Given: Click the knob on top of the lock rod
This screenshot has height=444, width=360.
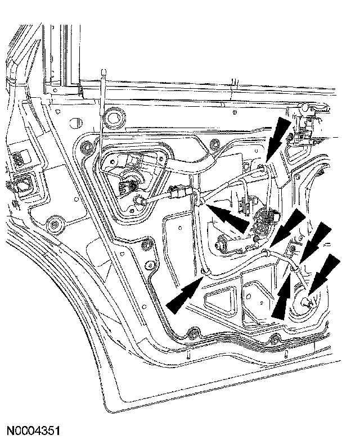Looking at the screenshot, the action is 102,70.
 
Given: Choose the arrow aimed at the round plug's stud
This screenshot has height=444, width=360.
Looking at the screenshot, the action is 324,274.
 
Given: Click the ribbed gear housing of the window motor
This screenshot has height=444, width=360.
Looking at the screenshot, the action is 263,221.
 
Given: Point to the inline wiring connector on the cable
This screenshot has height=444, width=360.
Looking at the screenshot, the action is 177,194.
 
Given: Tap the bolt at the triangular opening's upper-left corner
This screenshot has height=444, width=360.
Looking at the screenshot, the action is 85,148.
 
